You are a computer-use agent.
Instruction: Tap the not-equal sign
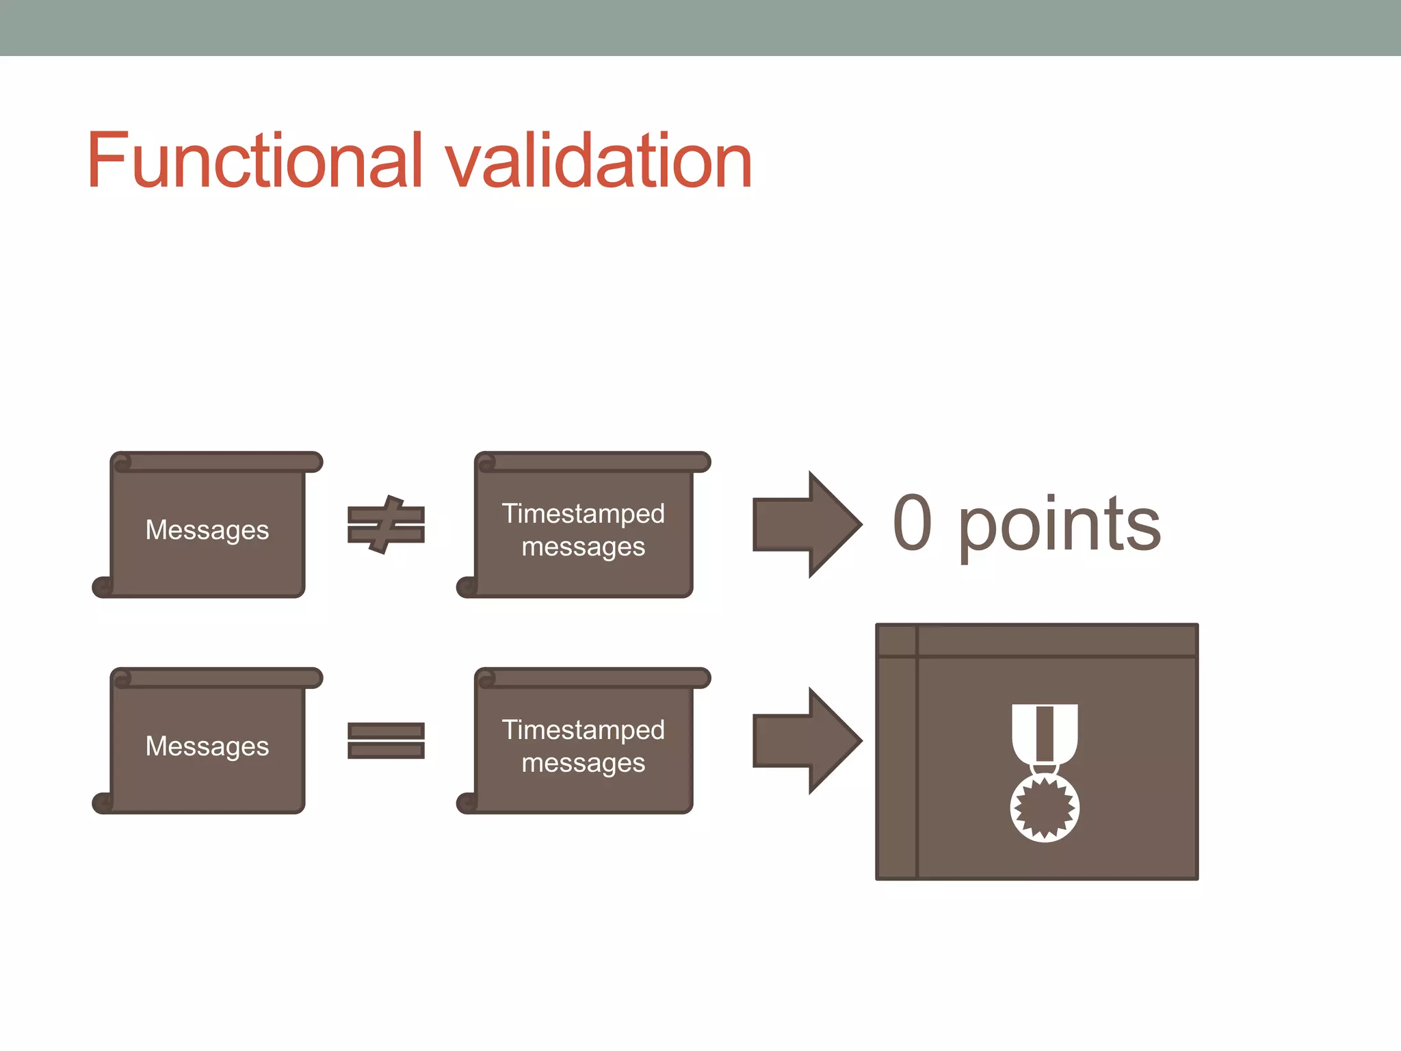(x=386, y=524)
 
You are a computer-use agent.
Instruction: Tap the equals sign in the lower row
(x=386, y=740)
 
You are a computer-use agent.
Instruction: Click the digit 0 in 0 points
(x=913, y=523)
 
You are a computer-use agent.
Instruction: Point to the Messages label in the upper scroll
(x=207, y=530)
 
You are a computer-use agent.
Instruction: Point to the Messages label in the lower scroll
(x=207, y=747)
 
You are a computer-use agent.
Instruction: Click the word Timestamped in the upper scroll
(x=583, y=513)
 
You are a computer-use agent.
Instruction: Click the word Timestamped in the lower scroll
(x=583, y=729)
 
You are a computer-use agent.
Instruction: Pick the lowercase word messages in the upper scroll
(x=583, y=547)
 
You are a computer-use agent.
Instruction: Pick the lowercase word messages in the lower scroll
(x=583, y=763)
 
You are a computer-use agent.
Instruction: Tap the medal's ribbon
(x=1045, y=732)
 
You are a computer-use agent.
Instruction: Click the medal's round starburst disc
(x=1045, y=809)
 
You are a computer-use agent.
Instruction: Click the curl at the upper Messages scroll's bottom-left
(x=103, y=586)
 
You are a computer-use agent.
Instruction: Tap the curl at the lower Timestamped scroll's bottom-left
(x=467, y=802)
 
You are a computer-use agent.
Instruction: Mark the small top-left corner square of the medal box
(x=896, y=641)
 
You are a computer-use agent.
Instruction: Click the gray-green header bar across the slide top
(x=700, y=27)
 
